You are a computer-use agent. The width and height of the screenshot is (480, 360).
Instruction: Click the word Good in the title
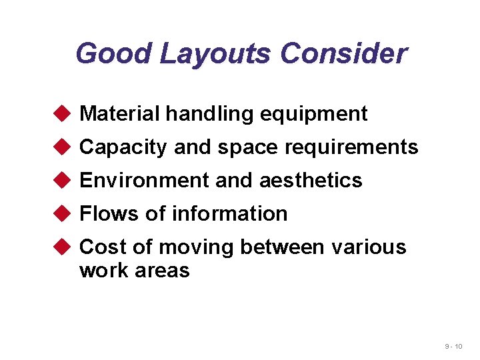click(x=114, y=53)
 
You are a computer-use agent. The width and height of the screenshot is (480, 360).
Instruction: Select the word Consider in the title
click(x=343, y=53)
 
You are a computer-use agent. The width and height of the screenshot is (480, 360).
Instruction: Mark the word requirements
click(x=351, y=147)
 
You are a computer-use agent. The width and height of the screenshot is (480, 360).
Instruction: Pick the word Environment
click(x=136, y=181)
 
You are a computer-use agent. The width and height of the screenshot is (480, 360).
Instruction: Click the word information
click(x=229, y=214)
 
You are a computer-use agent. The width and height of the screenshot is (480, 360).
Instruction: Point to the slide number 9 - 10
click(x=454, y=347)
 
